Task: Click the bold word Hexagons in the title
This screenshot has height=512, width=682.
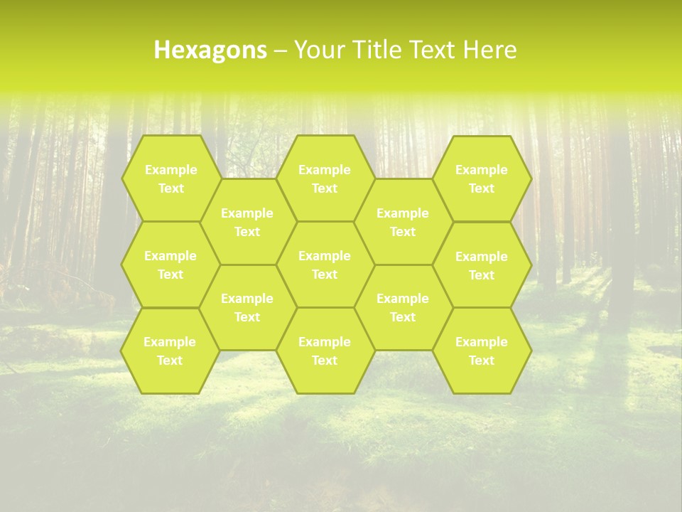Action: [210, 50]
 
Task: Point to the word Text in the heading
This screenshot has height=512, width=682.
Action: [432, 50]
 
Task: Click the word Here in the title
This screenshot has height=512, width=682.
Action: [490, 50]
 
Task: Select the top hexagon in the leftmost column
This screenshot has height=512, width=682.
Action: [170, 178]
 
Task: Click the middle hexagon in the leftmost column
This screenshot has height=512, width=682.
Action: [170, 265]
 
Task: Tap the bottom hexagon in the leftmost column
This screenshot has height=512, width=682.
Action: [170, 351]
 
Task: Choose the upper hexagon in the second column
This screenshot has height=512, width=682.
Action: [247, 222]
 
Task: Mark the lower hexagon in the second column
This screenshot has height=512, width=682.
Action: [247, 307]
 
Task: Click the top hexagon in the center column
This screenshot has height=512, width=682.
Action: [325, 178]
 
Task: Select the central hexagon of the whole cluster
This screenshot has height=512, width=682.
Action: [325, 265]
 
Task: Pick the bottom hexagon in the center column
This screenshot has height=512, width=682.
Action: [325, 351]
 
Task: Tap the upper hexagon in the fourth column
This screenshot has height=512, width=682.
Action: [403, 222]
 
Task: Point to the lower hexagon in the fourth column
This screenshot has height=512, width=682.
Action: [403, 307]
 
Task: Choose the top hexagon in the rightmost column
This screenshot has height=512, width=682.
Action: [482, 178]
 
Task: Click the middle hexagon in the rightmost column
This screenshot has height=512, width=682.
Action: [482, 265]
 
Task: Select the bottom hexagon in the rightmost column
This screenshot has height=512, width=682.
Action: [482, 351]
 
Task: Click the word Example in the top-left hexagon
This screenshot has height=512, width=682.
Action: [170, 170]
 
